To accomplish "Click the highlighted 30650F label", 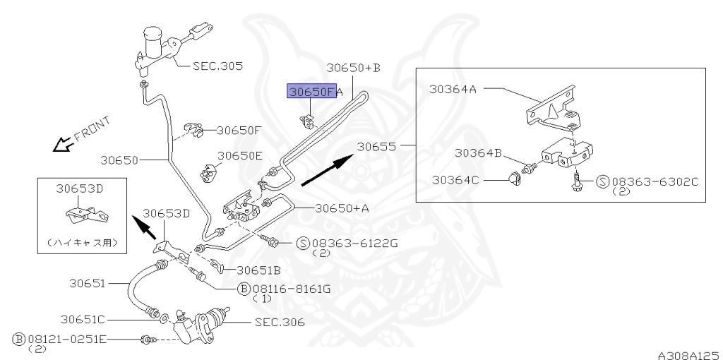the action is (x=311, y=91).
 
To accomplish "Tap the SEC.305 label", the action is (x=217, y=66).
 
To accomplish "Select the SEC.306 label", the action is (x=280, y=322).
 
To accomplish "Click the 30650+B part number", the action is (x=353, y=68).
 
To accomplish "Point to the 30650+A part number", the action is (x=342, y=208).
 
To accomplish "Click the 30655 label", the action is (x=377, y=147).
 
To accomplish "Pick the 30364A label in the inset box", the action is (x=453, y=88).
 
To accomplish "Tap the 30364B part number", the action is (x=478, y=152).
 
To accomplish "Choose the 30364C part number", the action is (x=455, y=180).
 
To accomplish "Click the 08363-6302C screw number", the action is (x=655, y=181).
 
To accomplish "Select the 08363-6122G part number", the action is (x=354, y=243).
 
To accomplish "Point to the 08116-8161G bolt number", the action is (x=292, y=289).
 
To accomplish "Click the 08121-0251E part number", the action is (x=67, y=340).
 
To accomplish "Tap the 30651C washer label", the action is (x=83, y=319).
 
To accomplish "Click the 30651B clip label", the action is (x=258, y=270).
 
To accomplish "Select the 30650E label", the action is (x=240, y=156).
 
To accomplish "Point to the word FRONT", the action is (x=92, y=128).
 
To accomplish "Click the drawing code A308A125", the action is (x=689, y=355).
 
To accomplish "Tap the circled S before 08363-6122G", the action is (x=302, y=243).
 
